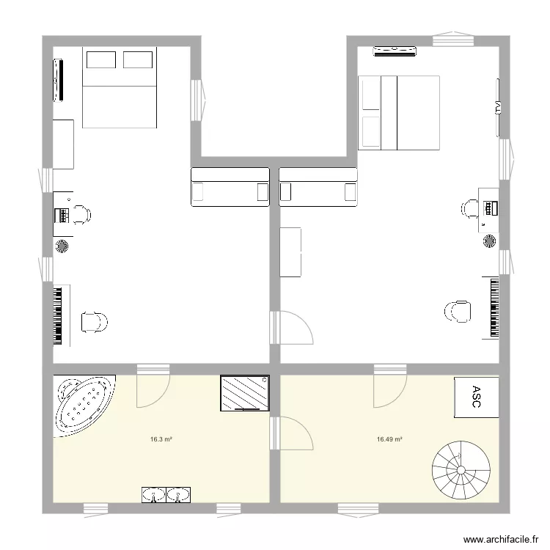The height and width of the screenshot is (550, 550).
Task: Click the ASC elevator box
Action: point(476,398)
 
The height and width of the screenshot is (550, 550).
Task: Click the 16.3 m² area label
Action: point(161,440)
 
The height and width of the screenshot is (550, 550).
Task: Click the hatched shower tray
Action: point(243,394)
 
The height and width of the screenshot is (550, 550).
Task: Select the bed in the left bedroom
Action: point(120,88)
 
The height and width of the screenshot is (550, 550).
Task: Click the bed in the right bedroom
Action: point(398,112)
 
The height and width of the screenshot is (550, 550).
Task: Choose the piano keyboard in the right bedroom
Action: point(491,307)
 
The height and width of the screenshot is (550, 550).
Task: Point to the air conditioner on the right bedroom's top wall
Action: point(395,51)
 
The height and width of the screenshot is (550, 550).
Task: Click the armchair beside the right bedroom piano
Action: point(458,312)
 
